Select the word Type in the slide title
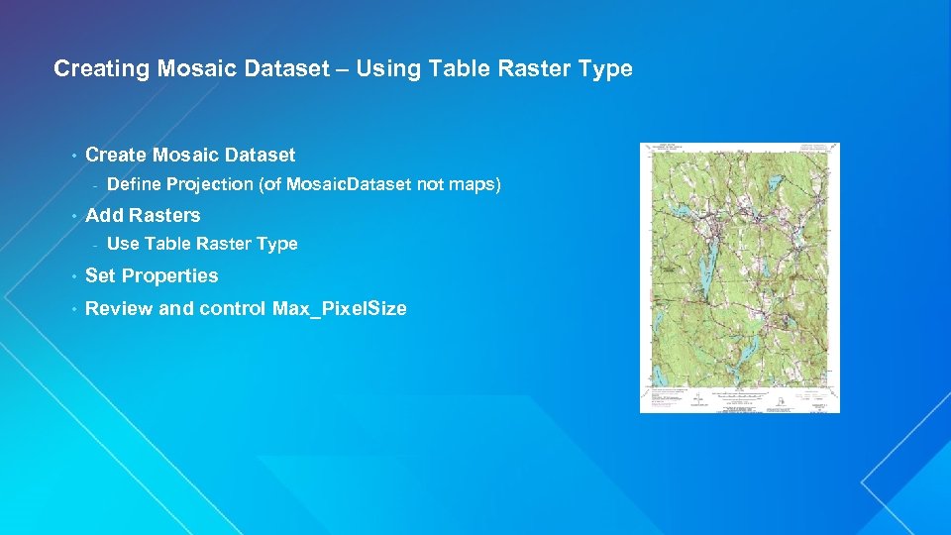(x=603, y=68)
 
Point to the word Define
(x=134, y=184)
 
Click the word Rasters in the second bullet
(x=164, y=215)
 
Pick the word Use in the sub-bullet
(x=123, y=244)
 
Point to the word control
(x=231, y=308)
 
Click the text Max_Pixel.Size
(x=339, y=309)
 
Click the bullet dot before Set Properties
(x=73, y=275)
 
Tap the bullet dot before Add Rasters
(x=73, y=215)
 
